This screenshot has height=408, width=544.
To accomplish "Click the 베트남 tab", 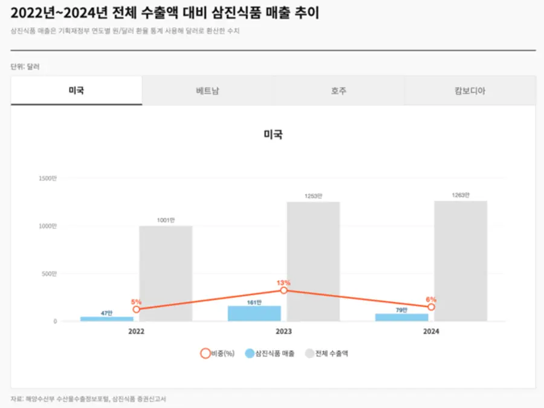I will [x=207, y=91].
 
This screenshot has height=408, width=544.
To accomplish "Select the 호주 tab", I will [x=338, y=91].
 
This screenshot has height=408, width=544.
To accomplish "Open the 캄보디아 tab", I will [x=470, y=91].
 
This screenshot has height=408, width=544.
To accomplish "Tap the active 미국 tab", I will [x=76, y=91].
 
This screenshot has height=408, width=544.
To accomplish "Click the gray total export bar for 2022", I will [x=166, y=273].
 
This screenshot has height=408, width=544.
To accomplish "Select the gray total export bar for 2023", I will [x=313, y=261].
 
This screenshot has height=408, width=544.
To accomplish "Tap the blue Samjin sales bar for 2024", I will [x=401, y=317].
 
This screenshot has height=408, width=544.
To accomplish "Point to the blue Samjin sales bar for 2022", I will [x=107, y=319].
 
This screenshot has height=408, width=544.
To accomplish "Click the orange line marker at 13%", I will [x=283, y=291].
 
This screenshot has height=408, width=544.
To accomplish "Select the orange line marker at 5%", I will [x=137, y=309].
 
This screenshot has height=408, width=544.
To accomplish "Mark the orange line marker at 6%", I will [x=431, y=307].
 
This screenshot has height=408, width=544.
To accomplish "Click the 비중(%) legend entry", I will [x=218, y=354].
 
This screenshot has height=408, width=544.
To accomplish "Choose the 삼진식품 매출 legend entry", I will [x=270, y=354].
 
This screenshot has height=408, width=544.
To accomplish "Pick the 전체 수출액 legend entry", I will [x=326, y=354].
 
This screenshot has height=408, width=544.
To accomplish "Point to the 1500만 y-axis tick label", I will [x=47, y=178].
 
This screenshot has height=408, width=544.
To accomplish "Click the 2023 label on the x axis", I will [x=283, y=332].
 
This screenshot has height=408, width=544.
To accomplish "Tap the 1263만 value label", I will [x=461, y=195].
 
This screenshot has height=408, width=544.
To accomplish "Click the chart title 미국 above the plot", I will [x=273, y=135].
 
